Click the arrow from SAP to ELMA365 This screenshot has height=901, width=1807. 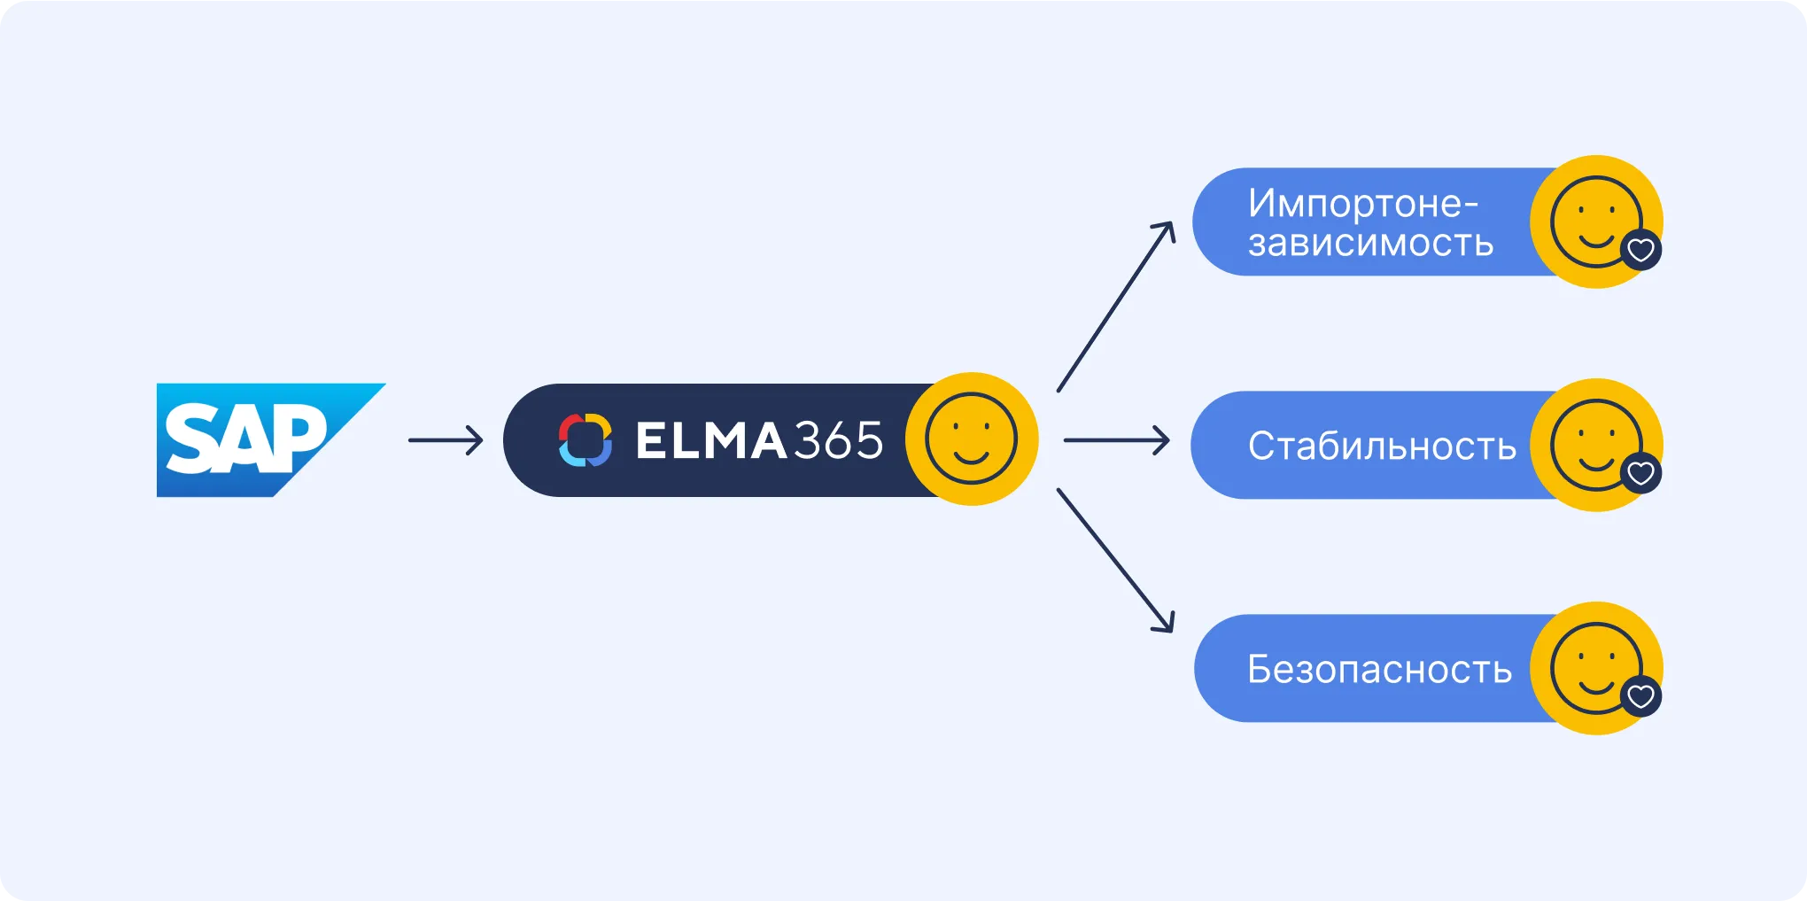tap(446, 440)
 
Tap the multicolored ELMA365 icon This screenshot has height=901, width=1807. tap(585, 439)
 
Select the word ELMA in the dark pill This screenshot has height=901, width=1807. tap(710, 440)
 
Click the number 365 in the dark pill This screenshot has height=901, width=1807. tap(838, 440)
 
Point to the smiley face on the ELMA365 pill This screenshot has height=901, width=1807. tap(971, 439)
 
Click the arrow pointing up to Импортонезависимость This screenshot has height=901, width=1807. tap(1116, 306)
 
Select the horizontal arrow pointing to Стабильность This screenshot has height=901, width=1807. tap(1116, 440)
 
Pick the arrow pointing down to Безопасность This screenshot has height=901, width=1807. tap(1116, 561)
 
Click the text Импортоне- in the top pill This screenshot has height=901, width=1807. tap(1362, 204)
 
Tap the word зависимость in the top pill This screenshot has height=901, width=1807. tap(1370, 243)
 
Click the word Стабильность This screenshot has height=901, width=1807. tap(1382, 447)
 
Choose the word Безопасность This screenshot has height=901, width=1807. tap(1379, 670)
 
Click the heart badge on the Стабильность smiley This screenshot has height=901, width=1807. tap(1640, 473)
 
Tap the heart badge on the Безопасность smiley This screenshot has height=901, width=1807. tap(1640, 696)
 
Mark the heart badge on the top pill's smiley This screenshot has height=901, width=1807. tap(1640, 250)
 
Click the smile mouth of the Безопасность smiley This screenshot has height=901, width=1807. tap(1595, 686)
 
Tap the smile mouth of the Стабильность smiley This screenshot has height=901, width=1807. tap(1595, 462)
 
